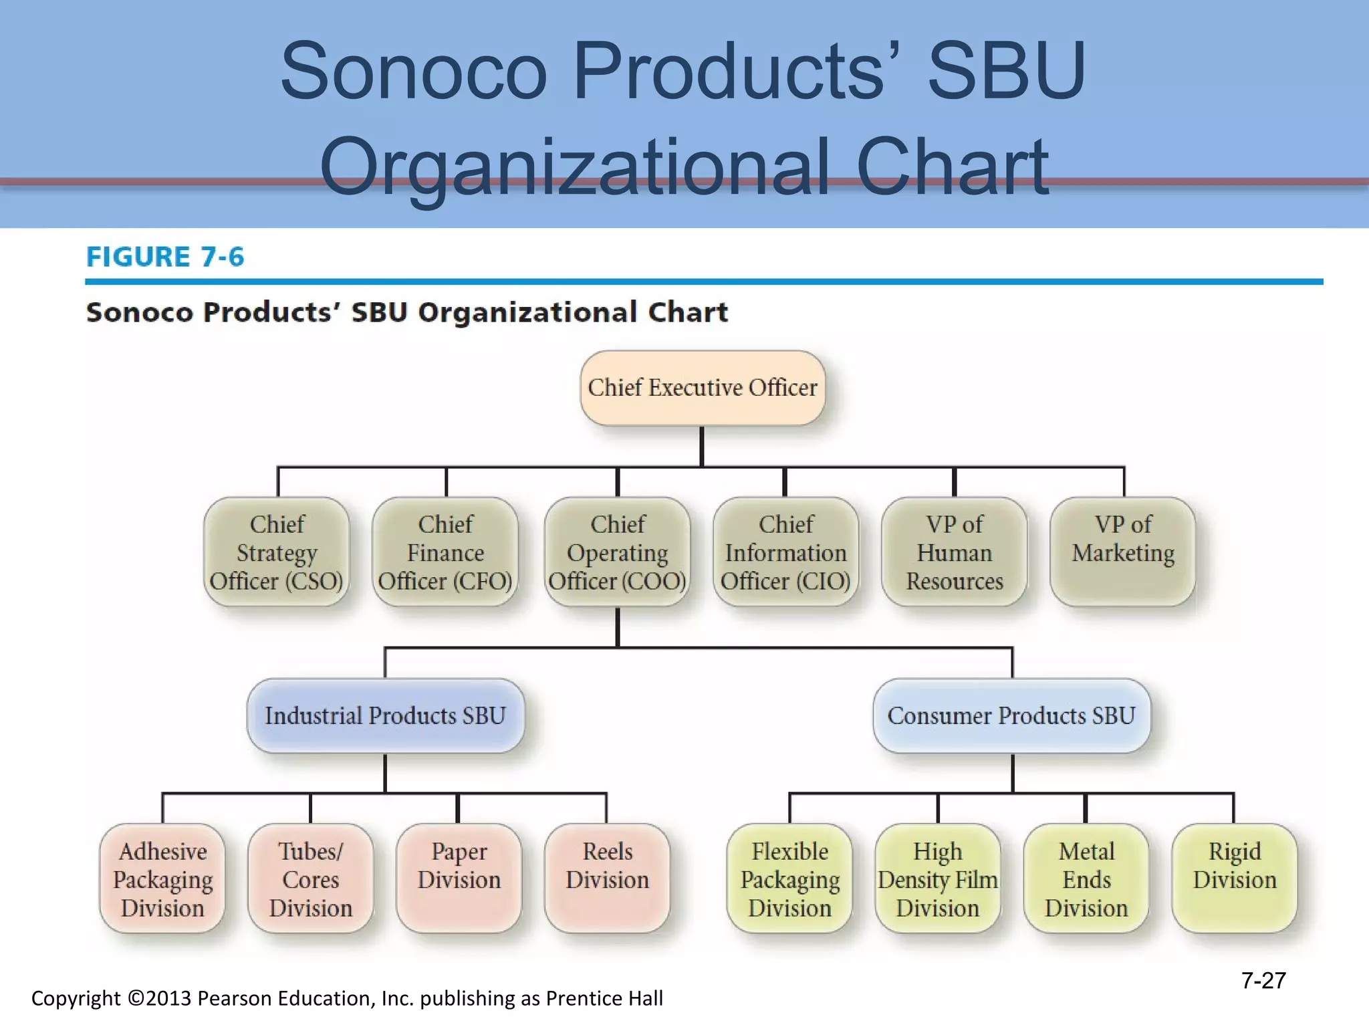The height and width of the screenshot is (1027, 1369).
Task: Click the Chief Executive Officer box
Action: (x=702, y=388)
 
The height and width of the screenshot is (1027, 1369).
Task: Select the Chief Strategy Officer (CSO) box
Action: (x=277, y=552)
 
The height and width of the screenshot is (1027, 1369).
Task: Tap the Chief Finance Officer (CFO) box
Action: (x=445, y=552)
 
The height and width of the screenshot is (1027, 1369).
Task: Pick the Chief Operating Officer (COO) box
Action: (x=617, y=552)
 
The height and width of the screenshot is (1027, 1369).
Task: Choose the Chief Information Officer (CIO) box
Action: (x=785, y=552)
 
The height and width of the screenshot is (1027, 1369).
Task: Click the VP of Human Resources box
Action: (x=954, y=552)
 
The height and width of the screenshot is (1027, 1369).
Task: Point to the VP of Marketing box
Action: (x=1123, y=552)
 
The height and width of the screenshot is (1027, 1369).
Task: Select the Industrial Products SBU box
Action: (x=385, y=715)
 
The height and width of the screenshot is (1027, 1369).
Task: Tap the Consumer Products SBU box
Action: (x=1011, y=715)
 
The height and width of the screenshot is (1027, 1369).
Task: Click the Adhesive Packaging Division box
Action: (x=162, y=879)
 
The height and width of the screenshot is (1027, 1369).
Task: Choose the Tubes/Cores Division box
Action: (x=311, y=879)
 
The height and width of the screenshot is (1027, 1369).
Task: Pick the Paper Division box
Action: (x=459, y=879)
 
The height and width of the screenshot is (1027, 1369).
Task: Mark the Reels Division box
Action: (x=607, y=879)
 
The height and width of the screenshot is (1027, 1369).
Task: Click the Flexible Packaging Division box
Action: (x=789, y=879)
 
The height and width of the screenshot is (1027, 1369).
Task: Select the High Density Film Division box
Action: (x=938, y=879)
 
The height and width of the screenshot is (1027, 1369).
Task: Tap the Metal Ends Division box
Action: (x=1086, y=879)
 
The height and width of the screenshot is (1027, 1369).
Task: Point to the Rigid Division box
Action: (x=1235, y=879)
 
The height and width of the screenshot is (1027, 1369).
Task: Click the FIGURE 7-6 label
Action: (x=165, y=257)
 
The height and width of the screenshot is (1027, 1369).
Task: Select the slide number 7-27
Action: (x=1263, y=980)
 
